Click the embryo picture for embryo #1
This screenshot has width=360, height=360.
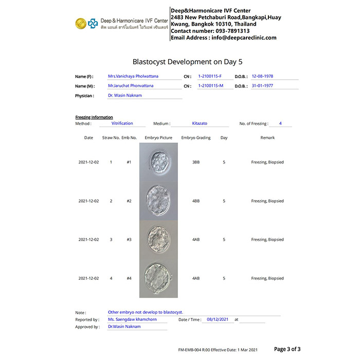point(158,162)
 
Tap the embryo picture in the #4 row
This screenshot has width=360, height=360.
point(158,278)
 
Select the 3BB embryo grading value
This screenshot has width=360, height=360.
point(196,162)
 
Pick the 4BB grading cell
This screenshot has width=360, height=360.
point(196,201)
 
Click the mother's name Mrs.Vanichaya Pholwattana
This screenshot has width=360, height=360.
point(133,76)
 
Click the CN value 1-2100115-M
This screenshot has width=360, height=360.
point(211,86)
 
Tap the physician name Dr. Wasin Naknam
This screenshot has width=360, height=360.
point(124,96)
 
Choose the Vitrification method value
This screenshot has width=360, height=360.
point(122,123)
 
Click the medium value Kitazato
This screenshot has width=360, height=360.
point(200,123)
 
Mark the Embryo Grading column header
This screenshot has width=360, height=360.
point(196,138)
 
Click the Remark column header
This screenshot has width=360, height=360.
point(267,138)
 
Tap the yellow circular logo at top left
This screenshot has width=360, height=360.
point(81,23)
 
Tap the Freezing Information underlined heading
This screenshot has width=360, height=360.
point(94,117)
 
